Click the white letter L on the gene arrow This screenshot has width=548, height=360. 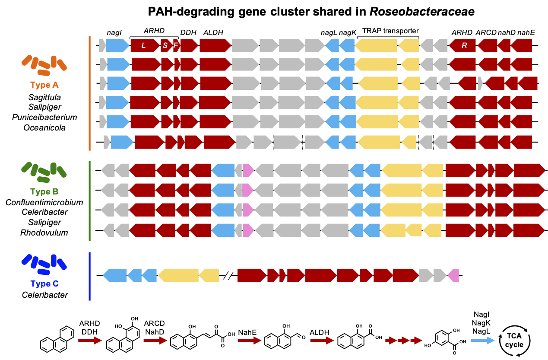click(x=144, y=46)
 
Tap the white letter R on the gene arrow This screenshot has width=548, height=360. click(x=464, y=46)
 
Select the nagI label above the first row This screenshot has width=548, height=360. click(x=115, y=32)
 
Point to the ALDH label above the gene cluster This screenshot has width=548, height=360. click(x=213, y=32)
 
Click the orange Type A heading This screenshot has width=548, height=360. click(x=44, y=85)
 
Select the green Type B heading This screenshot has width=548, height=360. click(x=44, y=191)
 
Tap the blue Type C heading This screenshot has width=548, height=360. click(x=44, y=284)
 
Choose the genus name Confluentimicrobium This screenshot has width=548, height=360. click(x=44, y=202)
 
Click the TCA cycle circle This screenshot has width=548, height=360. click(x=514, y=341)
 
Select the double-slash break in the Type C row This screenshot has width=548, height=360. click(x=228, y=275)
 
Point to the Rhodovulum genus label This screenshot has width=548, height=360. click(x=44, y=233)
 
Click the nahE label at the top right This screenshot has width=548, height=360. click(x=526, y=32)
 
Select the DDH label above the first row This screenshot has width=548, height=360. click(x=188, y=32)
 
